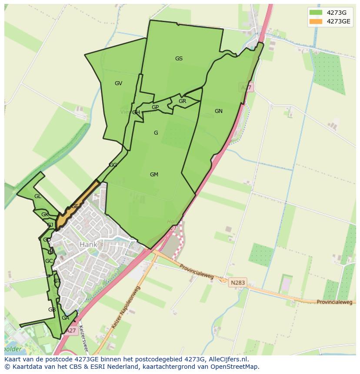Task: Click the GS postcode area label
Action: (179, 59)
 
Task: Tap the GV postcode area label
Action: (118, 83)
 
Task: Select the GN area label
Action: (218, 111)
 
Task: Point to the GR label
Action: (182, 101)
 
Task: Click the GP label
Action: (155, 107)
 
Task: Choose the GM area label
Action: (154, 175)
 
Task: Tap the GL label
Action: (38, 196)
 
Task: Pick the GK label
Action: (45, 215)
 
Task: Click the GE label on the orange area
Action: (75, 206)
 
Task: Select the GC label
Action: (49, 261)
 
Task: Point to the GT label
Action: (57, 281)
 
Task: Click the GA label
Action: (65, 318)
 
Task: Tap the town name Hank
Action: (88, 245)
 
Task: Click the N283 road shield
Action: (238, 282)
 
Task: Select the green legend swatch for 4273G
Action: (316, 13)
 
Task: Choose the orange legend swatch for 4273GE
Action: (316, 21)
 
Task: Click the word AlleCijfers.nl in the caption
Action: (228, 359)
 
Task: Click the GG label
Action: (113, 165)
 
